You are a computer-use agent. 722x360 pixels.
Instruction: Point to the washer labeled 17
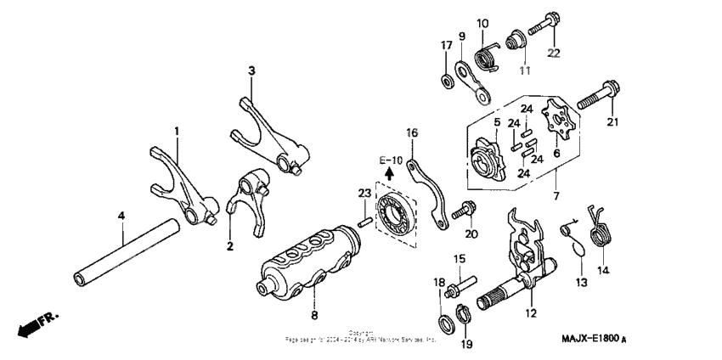click(x=446, y=81)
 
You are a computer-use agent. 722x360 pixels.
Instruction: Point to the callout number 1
click(x=177, y=132)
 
